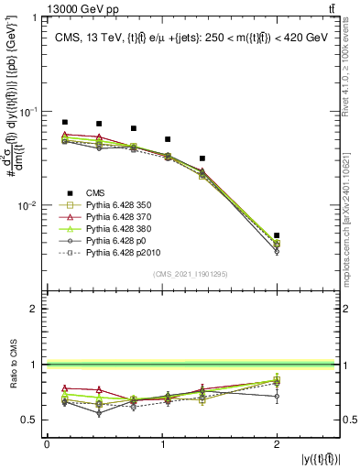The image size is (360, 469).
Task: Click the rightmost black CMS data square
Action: point(277,235)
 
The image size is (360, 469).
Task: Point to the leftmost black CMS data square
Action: point(65,122)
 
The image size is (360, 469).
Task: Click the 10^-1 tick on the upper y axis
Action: point(30,112)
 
